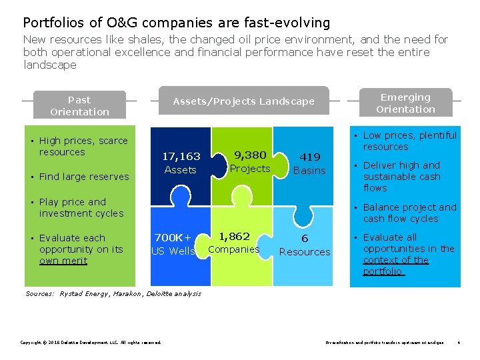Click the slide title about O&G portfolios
177,23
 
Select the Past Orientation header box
79,106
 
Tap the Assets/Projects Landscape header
243,101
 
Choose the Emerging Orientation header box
405,103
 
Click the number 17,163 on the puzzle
181,156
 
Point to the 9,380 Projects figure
250,161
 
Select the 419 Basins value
310,163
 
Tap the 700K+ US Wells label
173,244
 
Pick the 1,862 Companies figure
234,242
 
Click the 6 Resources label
305,245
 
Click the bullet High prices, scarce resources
83,146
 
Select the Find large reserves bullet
83,177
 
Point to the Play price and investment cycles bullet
81,207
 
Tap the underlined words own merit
63,261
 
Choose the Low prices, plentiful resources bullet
409,141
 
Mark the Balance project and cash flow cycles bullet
409,213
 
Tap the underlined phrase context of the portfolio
395,265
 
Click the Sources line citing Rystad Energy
113,293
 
